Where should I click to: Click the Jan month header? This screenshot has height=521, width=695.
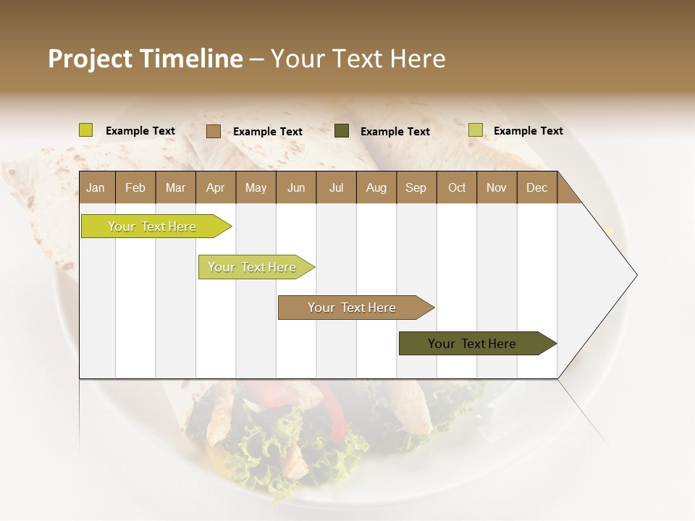96,187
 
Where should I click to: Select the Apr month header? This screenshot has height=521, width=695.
215,187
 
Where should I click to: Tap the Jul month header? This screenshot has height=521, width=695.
336,187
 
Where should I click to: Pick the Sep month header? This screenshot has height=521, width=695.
416,187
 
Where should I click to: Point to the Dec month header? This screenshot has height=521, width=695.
536,187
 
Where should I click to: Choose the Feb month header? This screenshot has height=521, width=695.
135,187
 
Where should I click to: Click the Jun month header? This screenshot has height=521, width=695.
296,187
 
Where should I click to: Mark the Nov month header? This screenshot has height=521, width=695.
497,187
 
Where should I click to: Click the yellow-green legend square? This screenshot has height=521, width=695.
86,130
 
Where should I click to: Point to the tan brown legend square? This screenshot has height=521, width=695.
213,131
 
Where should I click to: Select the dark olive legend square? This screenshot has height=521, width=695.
342,131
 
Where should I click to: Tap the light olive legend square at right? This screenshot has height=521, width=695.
475,130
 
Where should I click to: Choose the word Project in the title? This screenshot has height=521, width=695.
90,59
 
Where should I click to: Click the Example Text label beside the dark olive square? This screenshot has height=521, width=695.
395,132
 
